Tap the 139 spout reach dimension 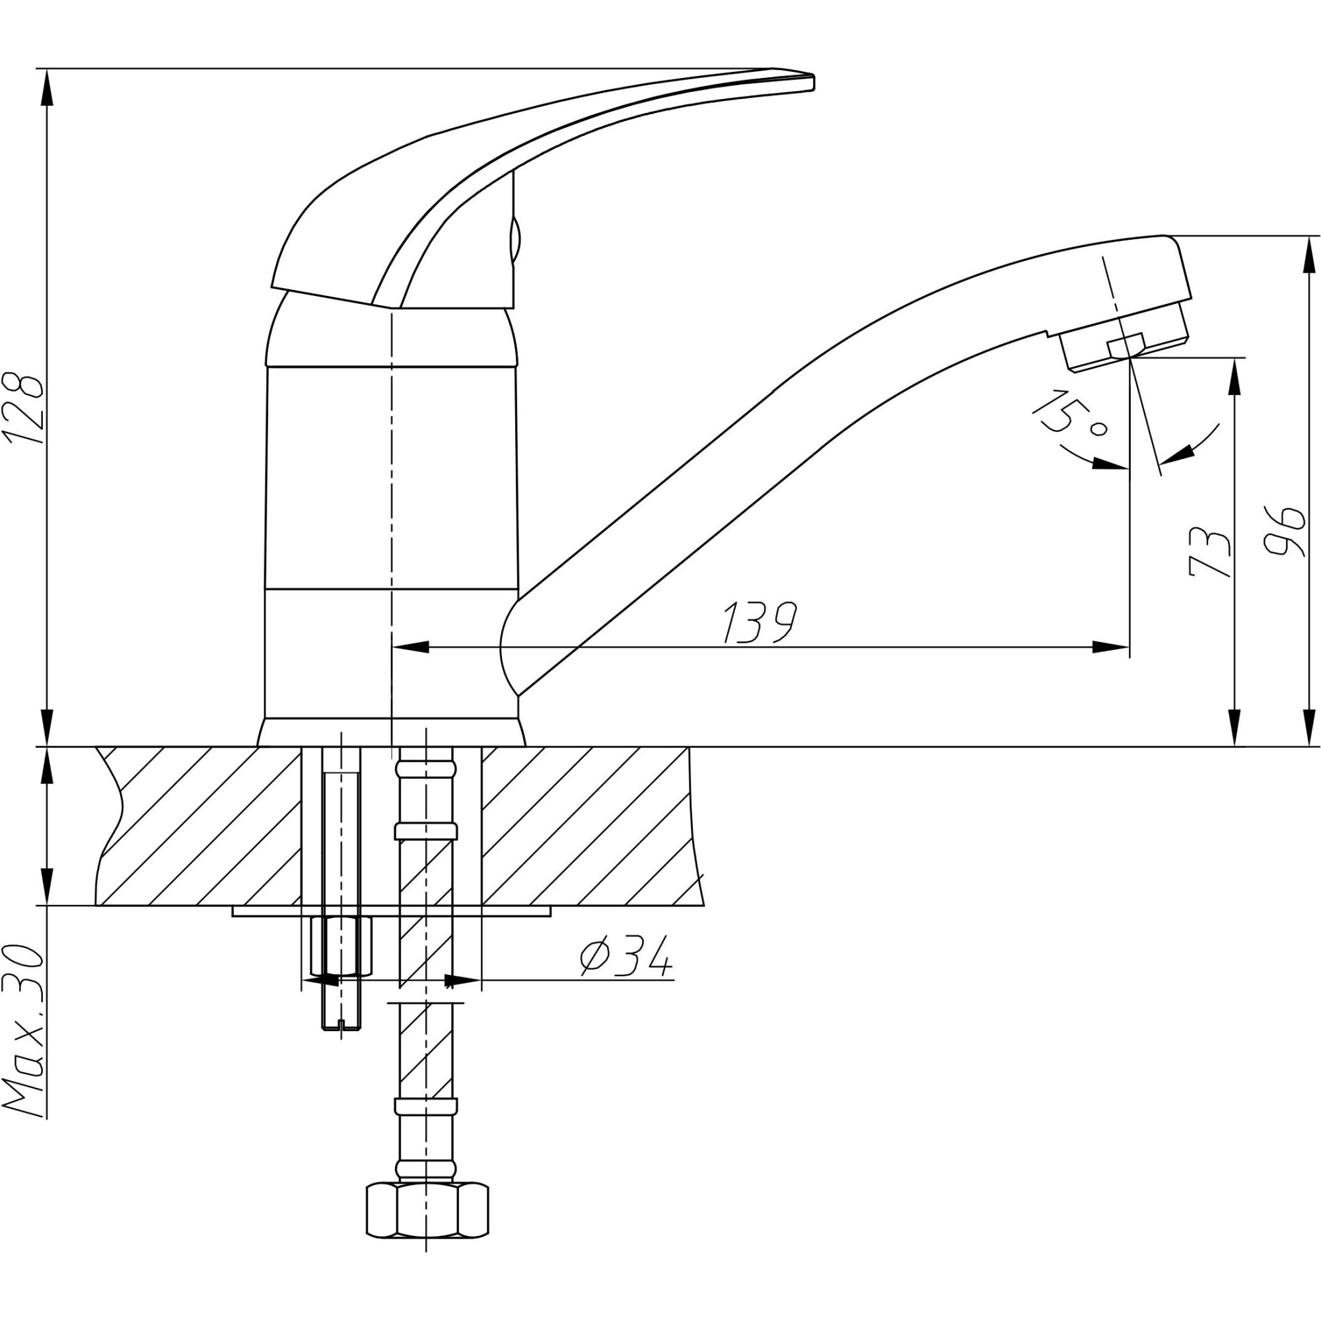click(x=760, y=623)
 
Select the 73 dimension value click(x=1211, y=552)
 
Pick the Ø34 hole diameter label click(x=625, y=957)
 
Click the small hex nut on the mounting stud click(x=341, y=947)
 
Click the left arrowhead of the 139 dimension click(x=410, y=647)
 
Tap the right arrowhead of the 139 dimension click(x=1109, y=647)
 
